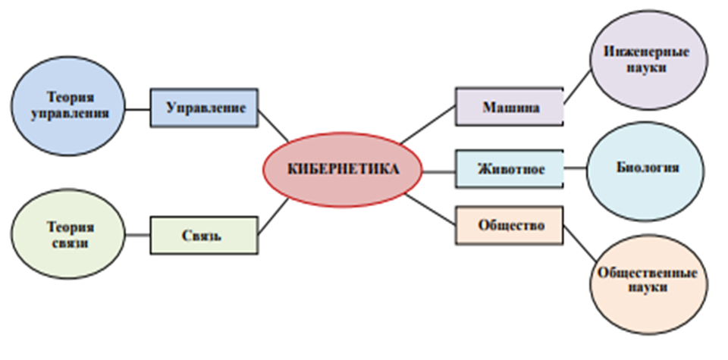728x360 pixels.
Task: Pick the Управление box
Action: click(204, 108)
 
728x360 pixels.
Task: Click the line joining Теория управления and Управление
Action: click(137, 108)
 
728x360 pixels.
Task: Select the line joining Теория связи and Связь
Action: click(137, 235)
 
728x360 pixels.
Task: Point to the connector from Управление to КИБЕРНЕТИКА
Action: click(273, 125)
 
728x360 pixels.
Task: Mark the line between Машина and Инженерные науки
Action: click(578, 85)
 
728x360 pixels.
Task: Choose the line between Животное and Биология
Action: click(575, 169)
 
